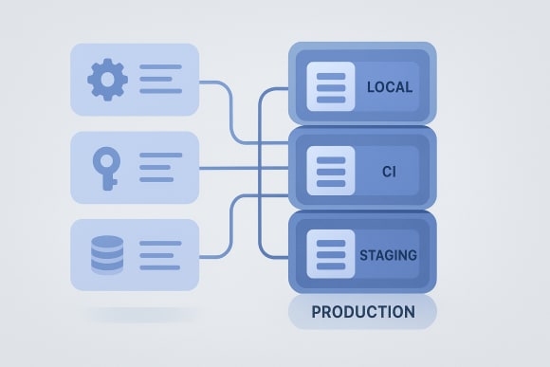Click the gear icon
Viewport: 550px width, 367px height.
click(106, 80)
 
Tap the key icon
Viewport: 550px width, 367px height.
click(105, 167)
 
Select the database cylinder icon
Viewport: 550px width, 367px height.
click(106, 255)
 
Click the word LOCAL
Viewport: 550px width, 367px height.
click(390, 87)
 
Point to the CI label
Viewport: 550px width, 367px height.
click(390, 171)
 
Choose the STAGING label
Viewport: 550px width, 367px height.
click(389, 255)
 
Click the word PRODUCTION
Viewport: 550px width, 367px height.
click(362, 311)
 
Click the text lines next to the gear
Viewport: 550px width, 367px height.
click(160, 80)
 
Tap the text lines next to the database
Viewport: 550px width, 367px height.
click(160, 255)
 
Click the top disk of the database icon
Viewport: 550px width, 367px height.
click(106, 242)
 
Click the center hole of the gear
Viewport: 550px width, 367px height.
click(106, 80)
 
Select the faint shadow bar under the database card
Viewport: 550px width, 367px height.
click(142, 314)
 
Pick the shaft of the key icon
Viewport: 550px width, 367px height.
click(105, 179)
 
